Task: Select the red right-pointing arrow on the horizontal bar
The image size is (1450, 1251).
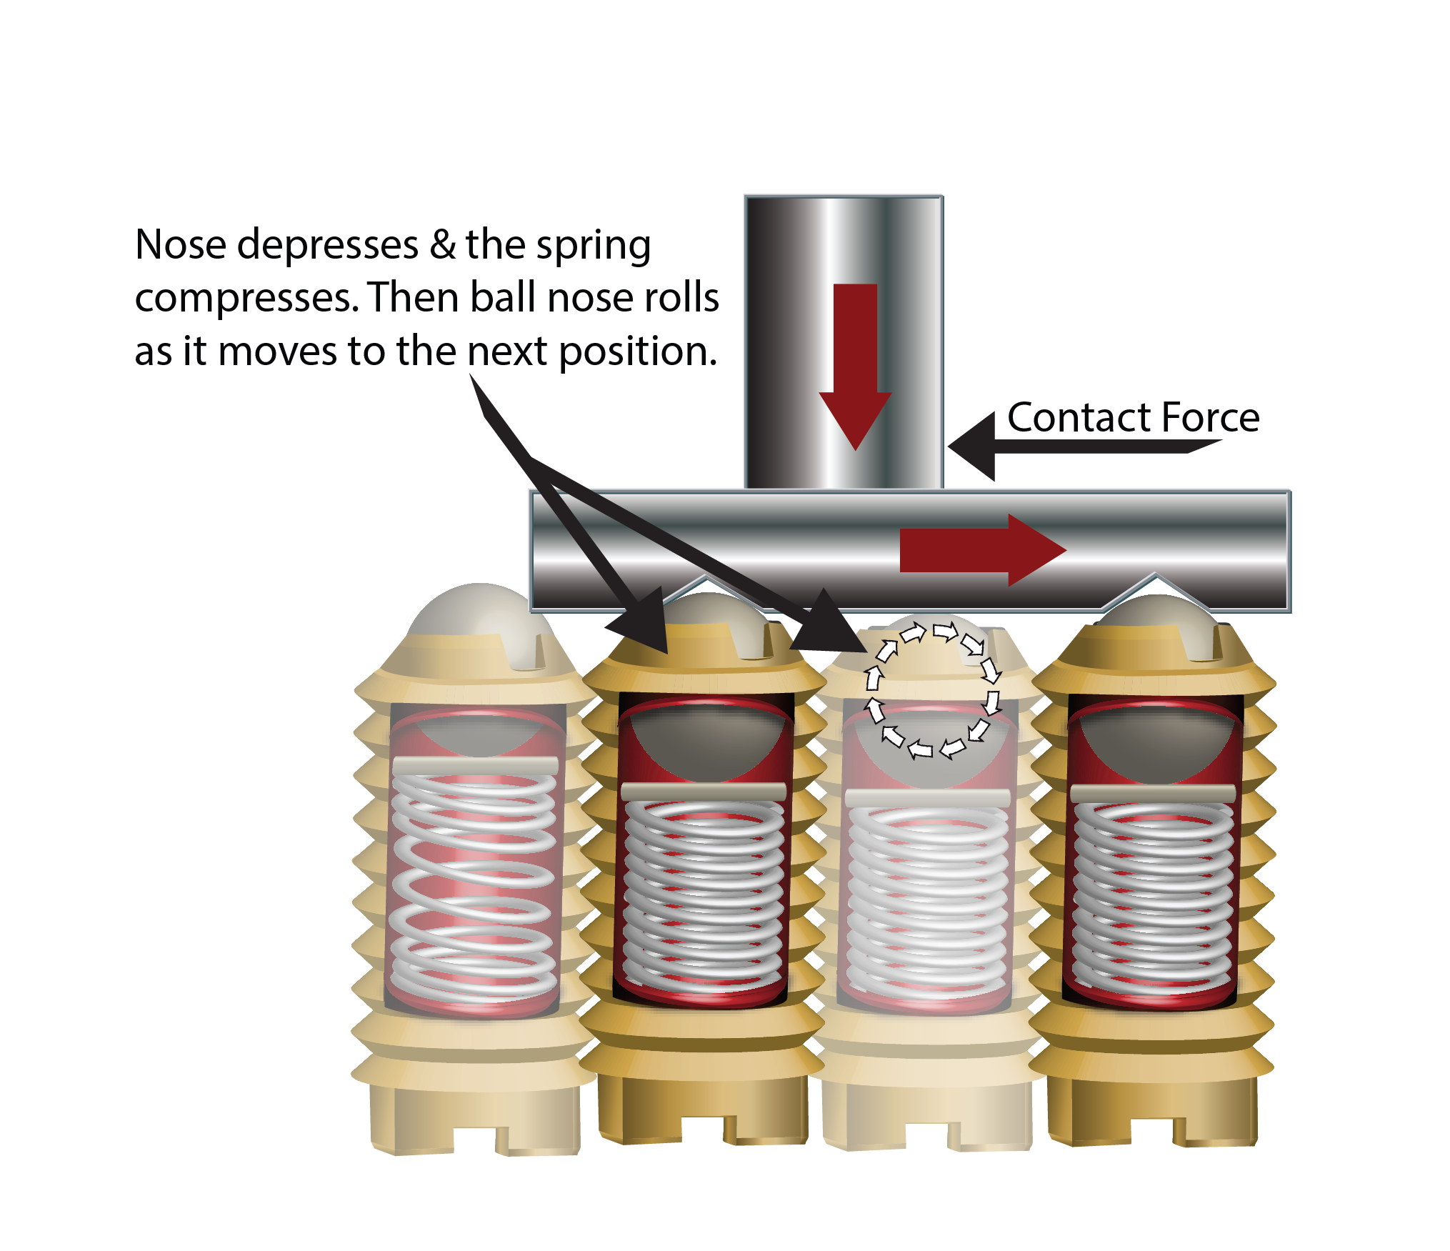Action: (983, 550)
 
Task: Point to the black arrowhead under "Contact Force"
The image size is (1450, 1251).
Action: (972, 447)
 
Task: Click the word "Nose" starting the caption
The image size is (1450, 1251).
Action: (181, 245)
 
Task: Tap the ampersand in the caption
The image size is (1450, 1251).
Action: (443, 245)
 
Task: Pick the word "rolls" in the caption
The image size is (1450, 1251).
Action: (681, 298)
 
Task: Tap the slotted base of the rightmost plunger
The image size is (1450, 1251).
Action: (1152, 1112)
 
